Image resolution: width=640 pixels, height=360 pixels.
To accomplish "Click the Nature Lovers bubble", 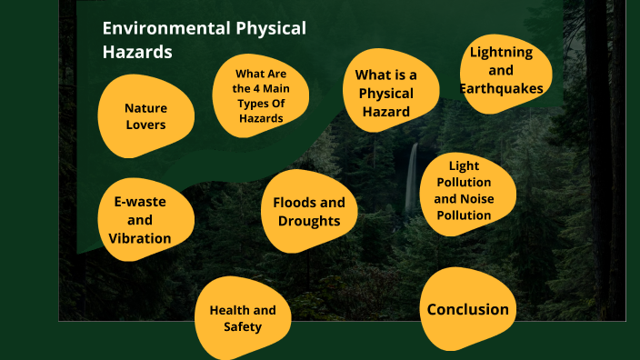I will pyautogui.click(x=145, y=115).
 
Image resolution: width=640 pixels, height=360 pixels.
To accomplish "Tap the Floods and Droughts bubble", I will pyautogui.click(x=308, y=211).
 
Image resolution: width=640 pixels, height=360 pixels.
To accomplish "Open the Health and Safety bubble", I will pyautogui.click(x=243, y=318).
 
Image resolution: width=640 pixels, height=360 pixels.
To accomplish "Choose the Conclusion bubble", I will pyautogui.click(x=468, y=309).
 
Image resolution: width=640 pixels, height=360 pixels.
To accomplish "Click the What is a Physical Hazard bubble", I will pyautogui.click(x=385, y=93).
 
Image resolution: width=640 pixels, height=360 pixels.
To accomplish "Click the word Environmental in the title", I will pyautogui.click(x=157, y=29).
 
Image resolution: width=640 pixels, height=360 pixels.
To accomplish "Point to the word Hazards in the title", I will pyautogui.click(x=137, y=52).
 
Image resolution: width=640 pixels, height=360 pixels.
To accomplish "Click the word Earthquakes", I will pyautogui.click(x=502, y=88).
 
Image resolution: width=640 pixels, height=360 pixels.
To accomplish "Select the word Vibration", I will pyautogui.click(x=140, y=238).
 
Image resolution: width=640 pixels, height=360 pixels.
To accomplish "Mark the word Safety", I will pyautogui.click(x=243, y=327).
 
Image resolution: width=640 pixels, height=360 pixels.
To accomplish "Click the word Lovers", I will pyautogui.click(x=145, y=125).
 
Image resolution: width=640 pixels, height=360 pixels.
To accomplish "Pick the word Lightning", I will pyautogui.click(x=501, y=51).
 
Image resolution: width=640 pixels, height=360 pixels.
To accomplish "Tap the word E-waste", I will pyautogui.click(x=140, y=201).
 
